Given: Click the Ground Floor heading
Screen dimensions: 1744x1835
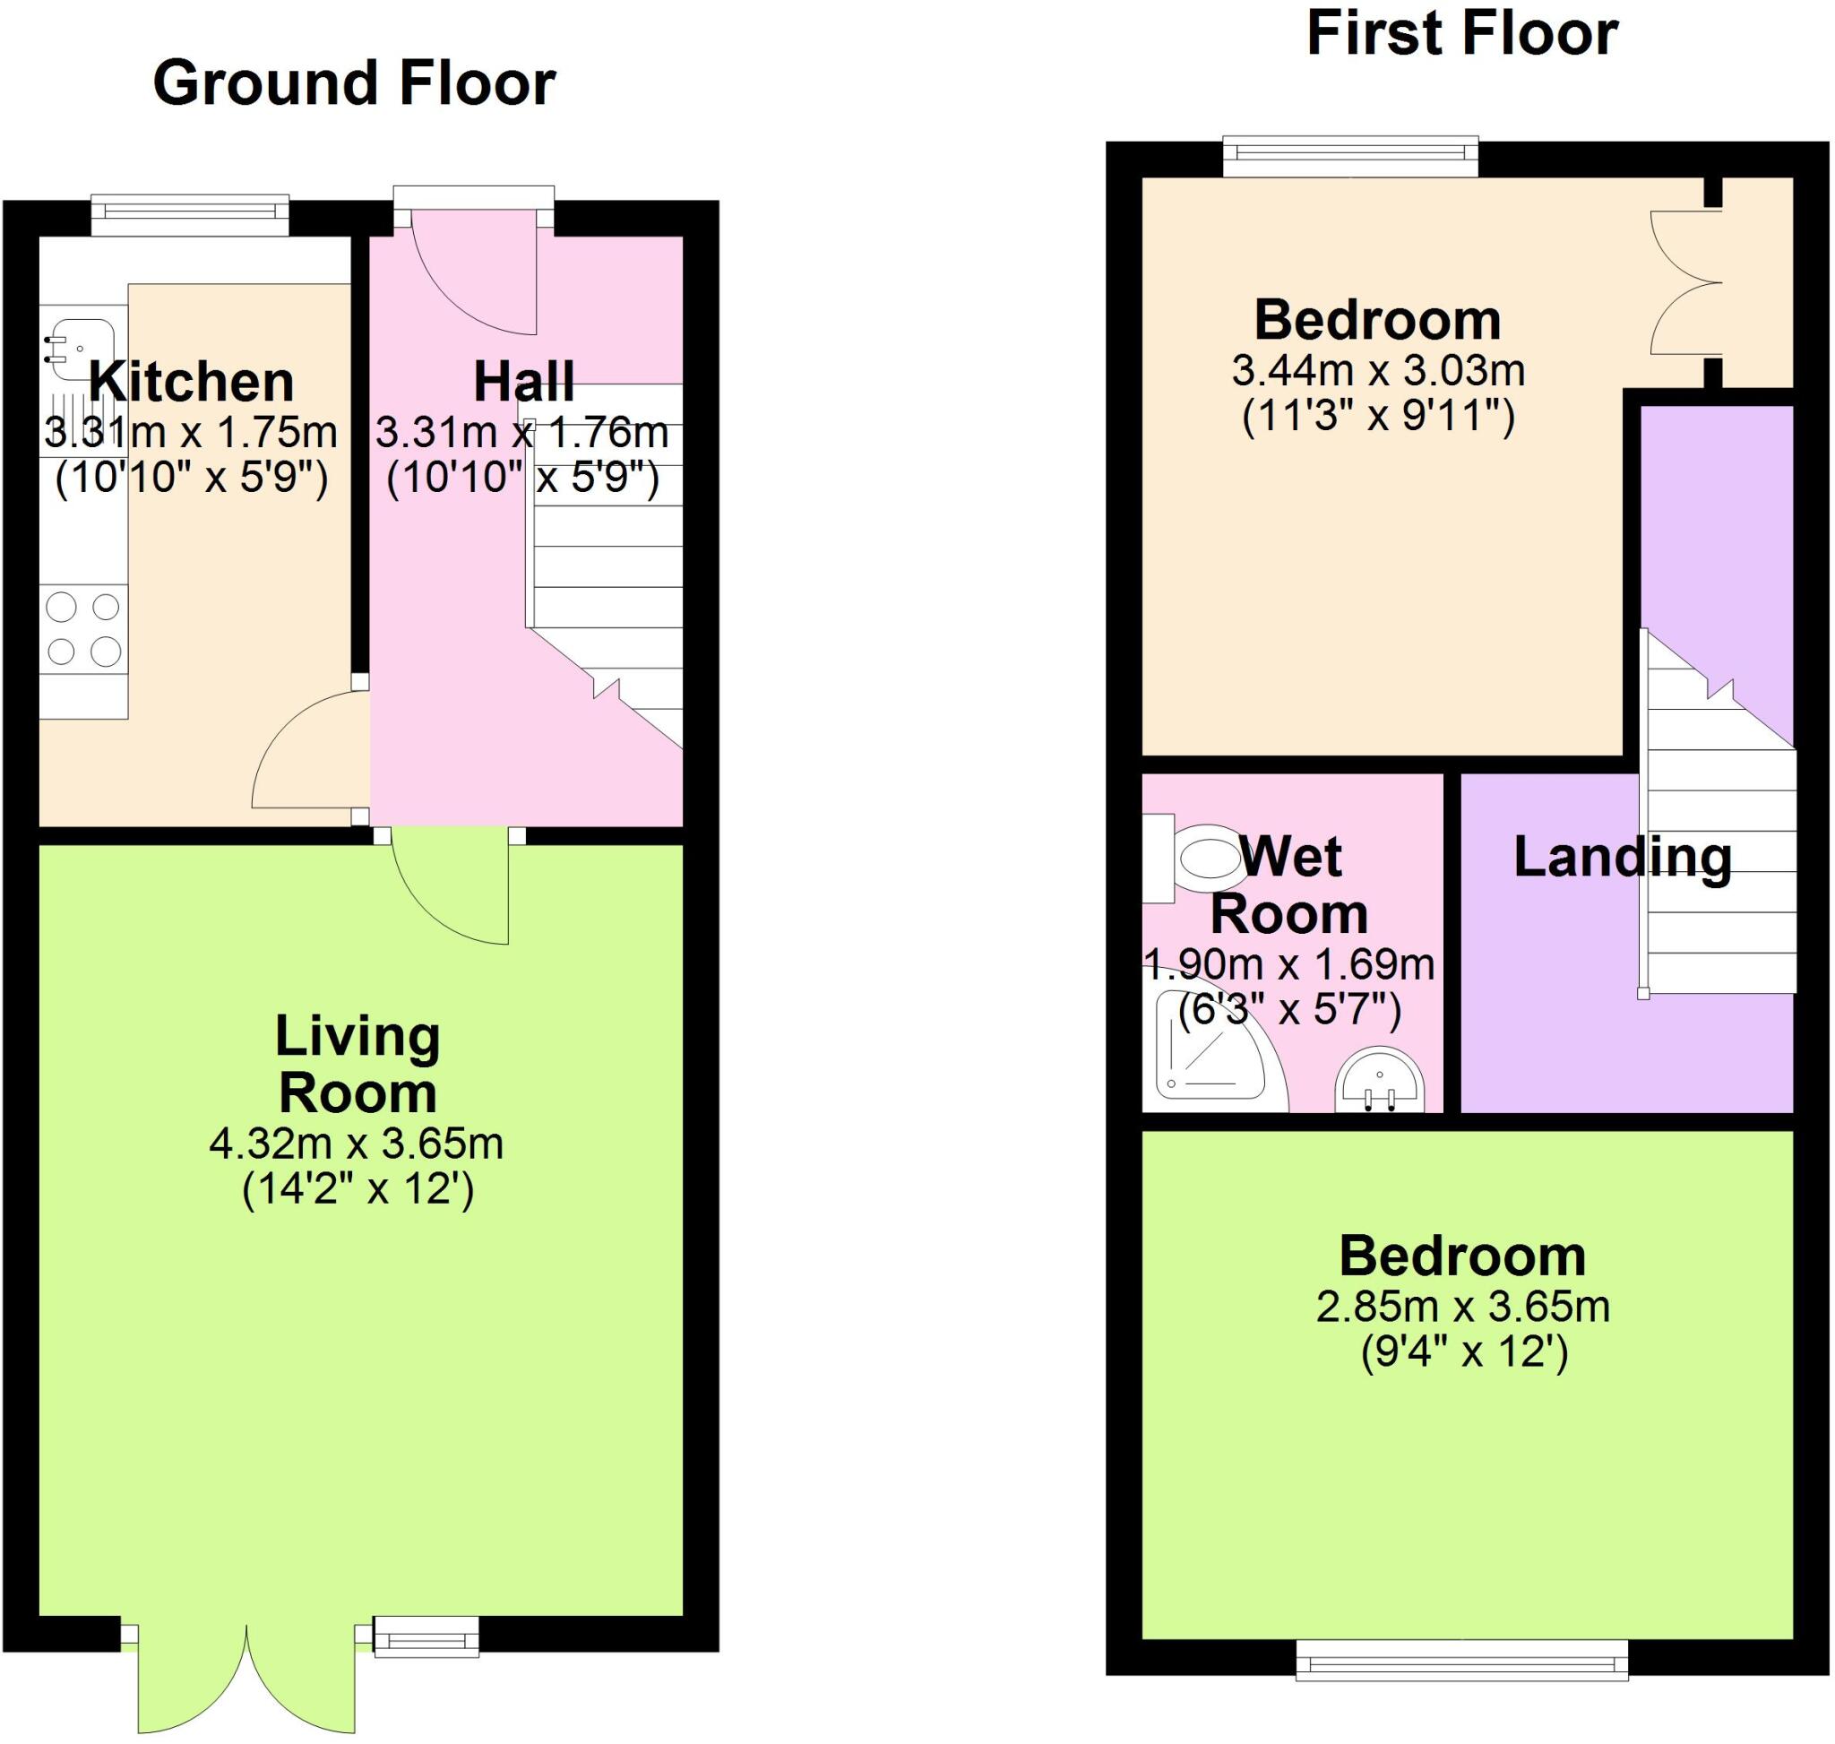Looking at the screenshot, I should (x=353, y=83).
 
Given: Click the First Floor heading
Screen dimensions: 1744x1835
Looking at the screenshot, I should (x=1461, y=35).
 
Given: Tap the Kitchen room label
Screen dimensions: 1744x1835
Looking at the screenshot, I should (x=192, y=382).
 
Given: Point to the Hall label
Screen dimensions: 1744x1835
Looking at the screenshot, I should (x=523, y=382).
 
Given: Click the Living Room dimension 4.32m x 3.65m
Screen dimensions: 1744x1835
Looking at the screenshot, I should (x=356, y=1144).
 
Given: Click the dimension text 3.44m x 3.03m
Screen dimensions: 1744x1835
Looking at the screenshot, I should (x=1378, y=371).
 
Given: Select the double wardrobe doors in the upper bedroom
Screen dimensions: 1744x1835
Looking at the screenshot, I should (x=1684, y=282).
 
